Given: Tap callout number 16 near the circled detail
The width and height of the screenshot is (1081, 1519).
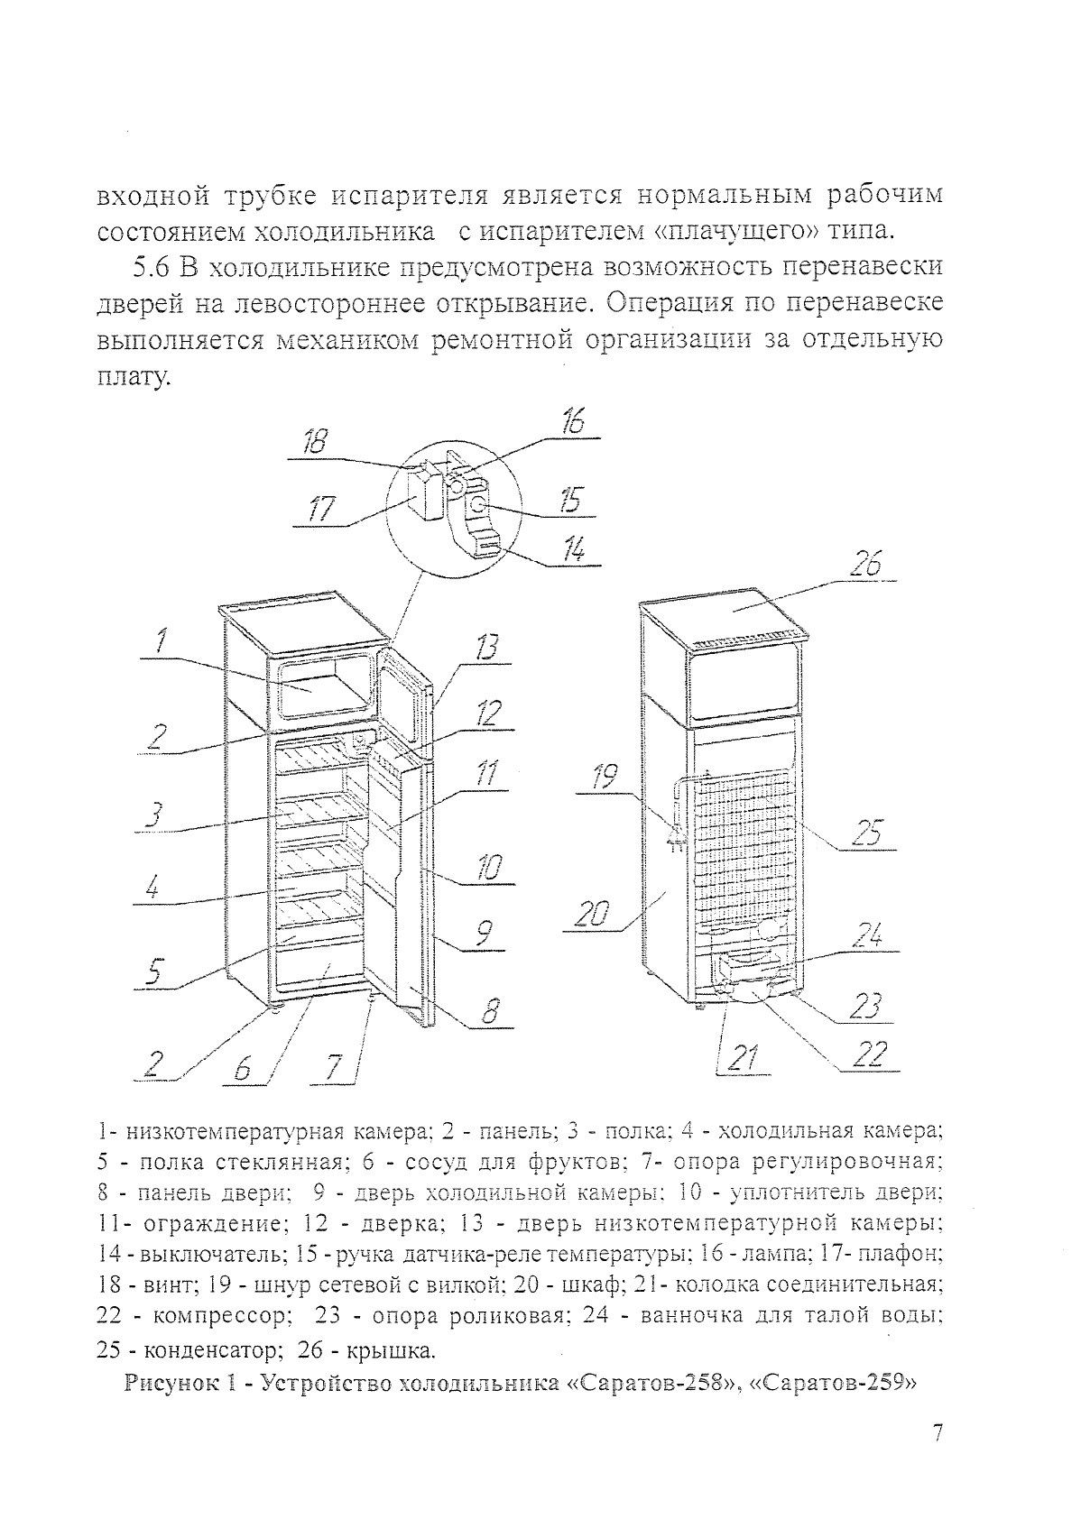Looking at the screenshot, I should pos(573,421).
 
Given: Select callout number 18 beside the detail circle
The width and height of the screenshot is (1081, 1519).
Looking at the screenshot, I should pos(314,442).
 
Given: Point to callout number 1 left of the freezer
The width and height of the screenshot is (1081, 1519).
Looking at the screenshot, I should pos(160,641).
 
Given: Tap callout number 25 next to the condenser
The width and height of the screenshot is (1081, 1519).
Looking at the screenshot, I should pos(867,832).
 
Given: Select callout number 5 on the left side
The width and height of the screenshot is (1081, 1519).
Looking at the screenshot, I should pos(154,972).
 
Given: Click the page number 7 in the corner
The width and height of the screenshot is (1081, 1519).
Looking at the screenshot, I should pos(938,1433).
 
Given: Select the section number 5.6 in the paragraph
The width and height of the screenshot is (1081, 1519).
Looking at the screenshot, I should pos(151,269).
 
